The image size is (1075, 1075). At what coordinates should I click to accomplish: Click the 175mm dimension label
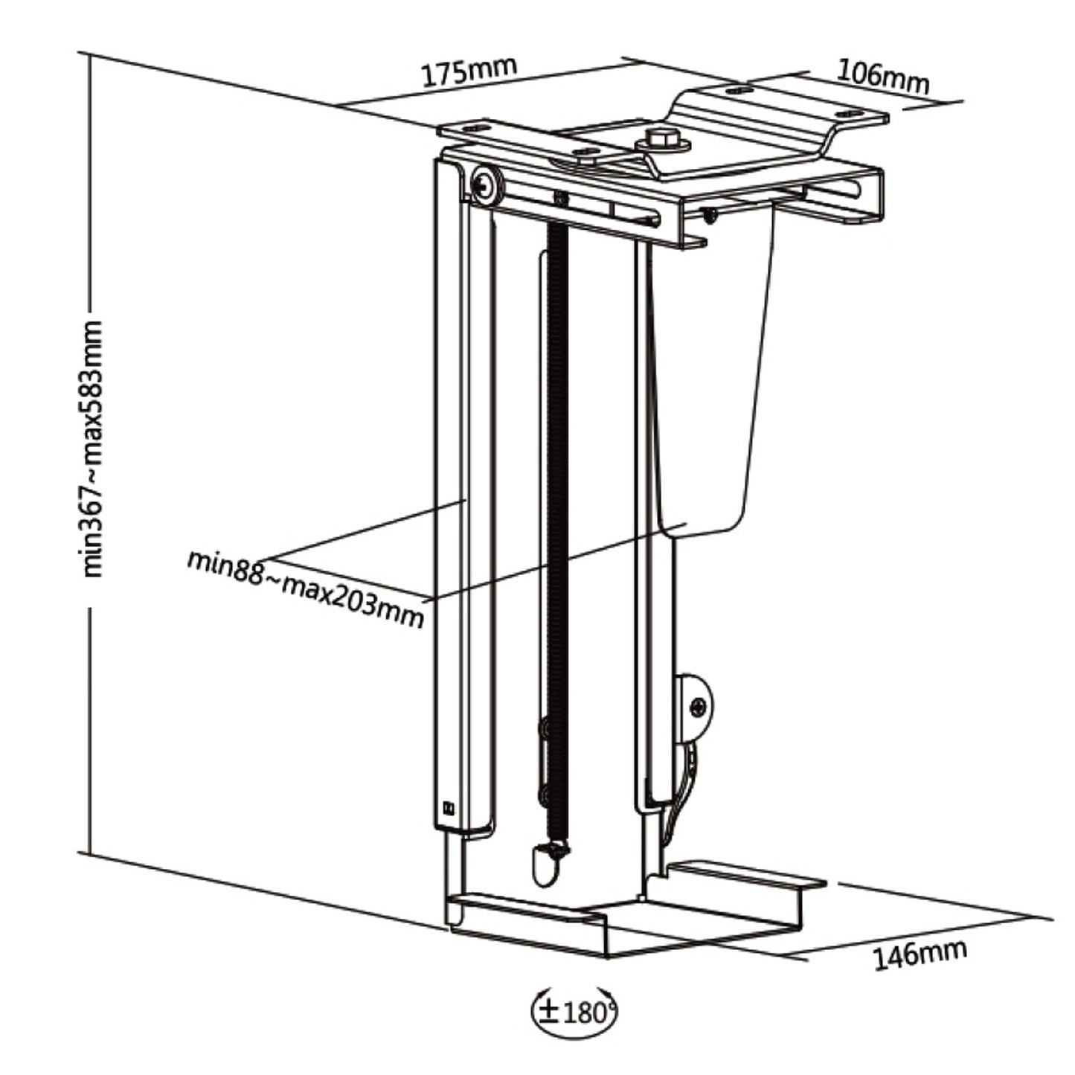469,71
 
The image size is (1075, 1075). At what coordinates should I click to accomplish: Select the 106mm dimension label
883,76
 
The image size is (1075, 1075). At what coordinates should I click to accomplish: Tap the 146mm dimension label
920,954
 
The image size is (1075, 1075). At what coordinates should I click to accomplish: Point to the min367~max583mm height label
92,449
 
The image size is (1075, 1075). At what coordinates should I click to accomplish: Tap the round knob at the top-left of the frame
485,184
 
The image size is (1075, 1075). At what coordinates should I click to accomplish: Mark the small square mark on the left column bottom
448,806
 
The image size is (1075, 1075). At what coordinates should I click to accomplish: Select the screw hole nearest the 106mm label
846,115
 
